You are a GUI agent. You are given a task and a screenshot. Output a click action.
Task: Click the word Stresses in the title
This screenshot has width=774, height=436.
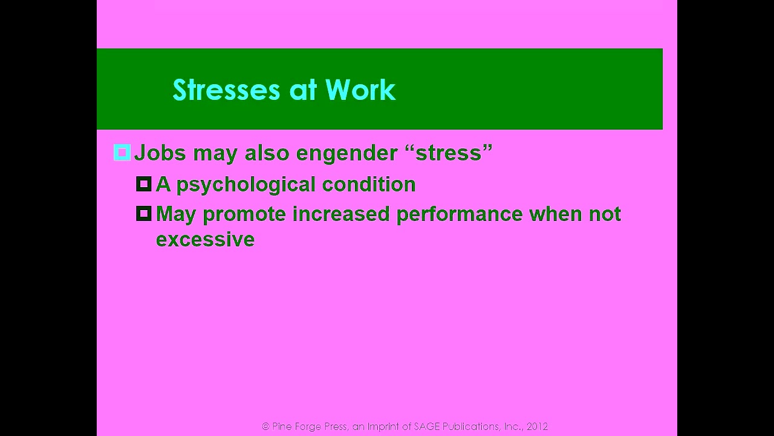point(226,90)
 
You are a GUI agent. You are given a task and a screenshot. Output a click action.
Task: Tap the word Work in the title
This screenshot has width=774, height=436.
point(360,90)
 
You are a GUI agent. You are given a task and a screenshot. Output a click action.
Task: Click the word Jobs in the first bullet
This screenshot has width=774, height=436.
point(160,153)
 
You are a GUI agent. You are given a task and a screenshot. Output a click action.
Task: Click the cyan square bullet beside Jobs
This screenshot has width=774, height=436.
point(122,153)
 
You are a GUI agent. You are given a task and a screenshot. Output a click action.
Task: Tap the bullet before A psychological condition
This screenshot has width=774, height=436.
point(144,184)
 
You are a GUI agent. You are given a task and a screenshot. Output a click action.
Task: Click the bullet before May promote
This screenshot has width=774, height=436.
point(144,214)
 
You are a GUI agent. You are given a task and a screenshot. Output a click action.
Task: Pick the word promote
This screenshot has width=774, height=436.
point(244,214)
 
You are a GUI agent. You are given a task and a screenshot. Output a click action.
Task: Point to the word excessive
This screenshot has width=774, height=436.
point(205,239)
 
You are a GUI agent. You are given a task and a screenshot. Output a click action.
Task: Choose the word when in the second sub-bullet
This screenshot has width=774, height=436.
point(556,214)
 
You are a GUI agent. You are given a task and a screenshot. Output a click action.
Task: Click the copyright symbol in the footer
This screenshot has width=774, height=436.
point(265,426)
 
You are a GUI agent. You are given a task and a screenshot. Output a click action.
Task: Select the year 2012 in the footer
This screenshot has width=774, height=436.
point(537,426)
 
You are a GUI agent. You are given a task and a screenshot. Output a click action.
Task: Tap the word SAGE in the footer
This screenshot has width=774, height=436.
point(427,426)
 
